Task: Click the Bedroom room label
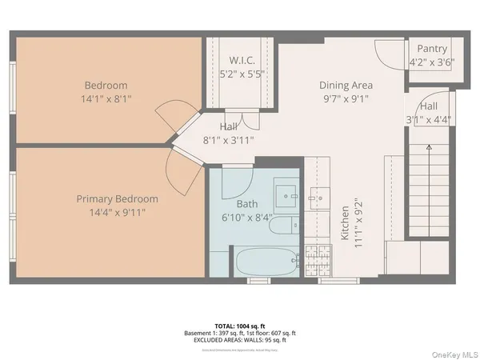click(106, 86)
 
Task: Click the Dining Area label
click(346, 86)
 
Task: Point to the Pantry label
click(431, 49)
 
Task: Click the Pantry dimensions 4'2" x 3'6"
click(431, 62)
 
